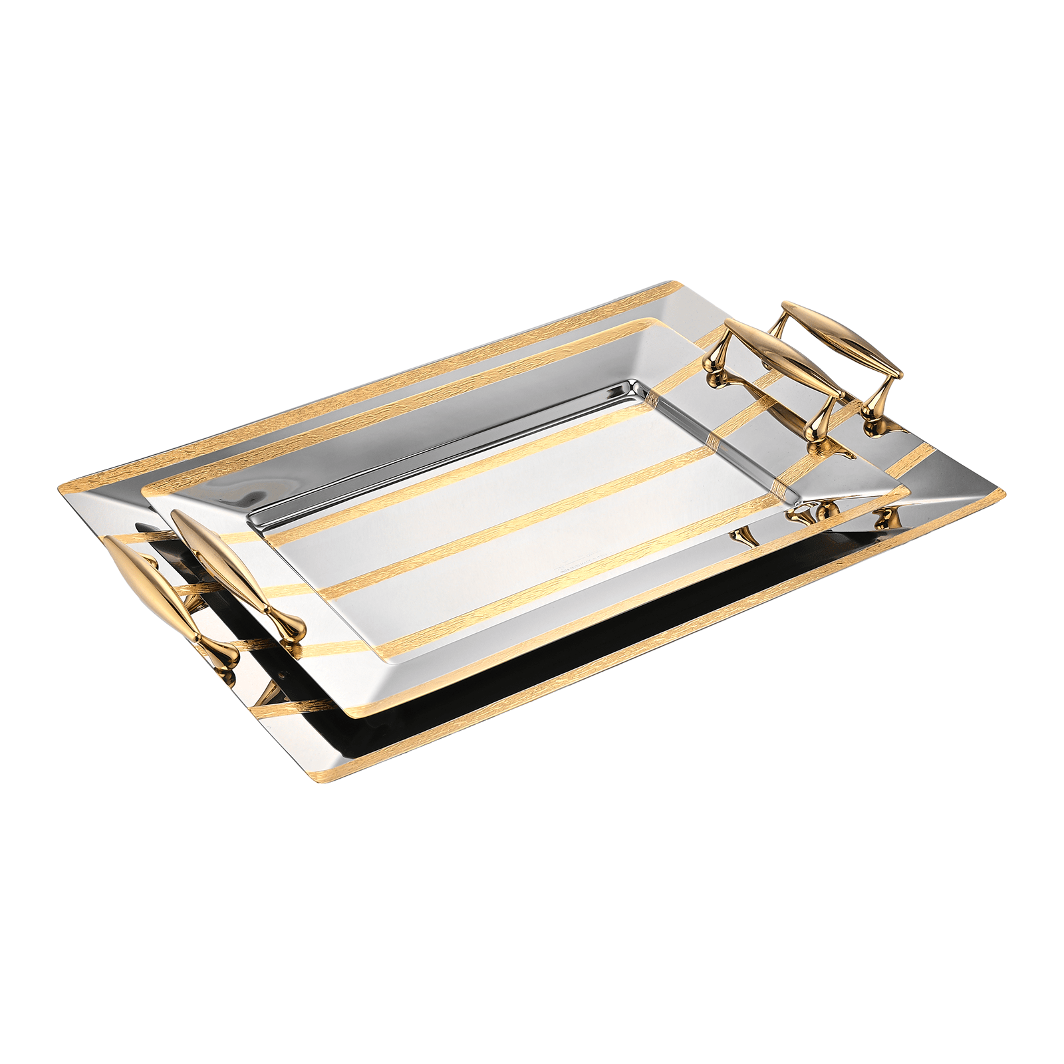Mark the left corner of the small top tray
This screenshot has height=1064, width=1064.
144,492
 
